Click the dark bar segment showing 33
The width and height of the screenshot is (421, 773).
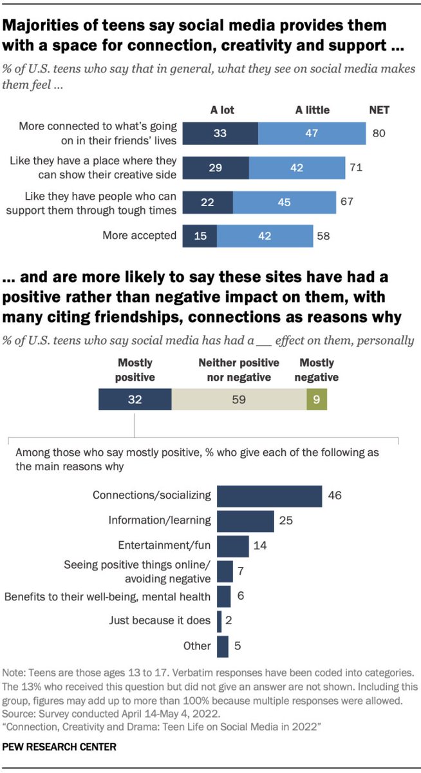220,133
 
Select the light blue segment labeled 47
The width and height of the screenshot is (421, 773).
312,133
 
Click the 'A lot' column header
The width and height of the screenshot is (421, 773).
221,110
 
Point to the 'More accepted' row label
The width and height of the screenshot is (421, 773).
140,235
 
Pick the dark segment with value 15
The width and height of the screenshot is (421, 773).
200,236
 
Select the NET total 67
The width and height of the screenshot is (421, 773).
348,202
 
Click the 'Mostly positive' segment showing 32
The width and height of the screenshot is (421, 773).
135,399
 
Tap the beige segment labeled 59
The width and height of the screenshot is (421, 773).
239,399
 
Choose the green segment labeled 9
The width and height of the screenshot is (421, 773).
317,399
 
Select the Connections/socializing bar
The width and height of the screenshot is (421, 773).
269,495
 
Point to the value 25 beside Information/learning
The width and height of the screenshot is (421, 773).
286,521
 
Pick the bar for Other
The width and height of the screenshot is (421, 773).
223,646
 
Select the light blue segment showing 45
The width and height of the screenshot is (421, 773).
284,202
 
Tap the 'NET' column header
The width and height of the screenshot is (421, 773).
379,110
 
